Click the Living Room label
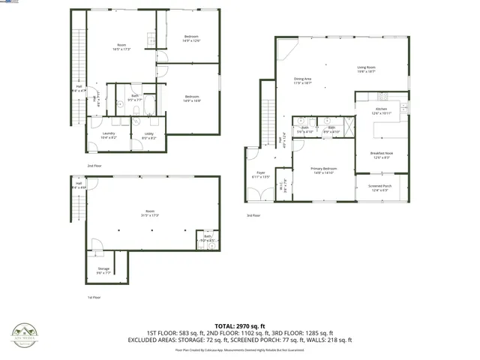click(366, 68)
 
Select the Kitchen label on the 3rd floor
click(382, 111)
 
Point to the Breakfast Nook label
click(382, 155)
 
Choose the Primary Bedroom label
click(324, 170)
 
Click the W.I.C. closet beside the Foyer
click(282, 186)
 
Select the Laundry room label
click(109, 136)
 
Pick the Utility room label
click(148, 136)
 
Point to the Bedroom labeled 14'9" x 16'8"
click(192, 97)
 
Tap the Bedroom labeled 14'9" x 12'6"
click(192, 38)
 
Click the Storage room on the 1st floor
click(103, 272)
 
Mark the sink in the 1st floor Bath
click(211, 244)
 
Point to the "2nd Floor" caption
click(94, 165)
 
